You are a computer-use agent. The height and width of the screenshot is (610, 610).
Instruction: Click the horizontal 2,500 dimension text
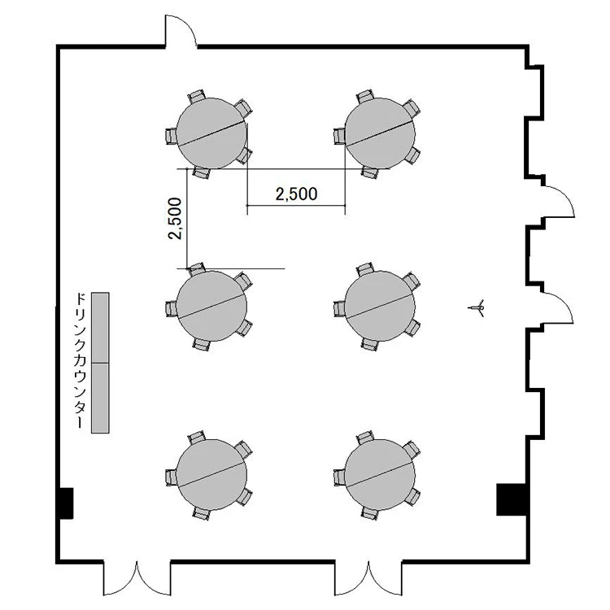point(296,194)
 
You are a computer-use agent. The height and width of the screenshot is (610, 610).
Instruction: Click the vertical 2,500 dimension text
point(175,218)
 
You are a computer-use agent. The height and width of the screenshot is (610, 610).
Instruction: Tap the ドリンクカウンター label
point(80,360)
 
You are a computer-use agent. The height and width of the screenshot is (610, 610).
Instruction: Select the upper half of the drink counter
point(100,328)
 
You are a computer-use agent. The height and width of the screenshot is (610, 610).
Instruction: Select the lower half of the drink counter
point(100,398)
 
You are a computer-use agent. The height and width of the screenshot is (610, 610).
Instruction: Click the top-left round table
point(211,133)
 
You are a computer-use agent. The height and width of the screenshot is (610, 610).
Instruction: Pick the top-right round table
point(380,133)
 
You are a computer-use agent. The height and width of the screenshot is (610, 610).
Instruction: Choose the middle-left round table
point(211,306)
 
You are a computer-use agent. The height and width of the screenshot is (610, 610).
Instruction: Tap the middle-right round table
point(380,306)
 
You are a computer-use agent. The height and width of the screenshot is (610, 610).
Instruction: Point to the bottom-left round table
point(211,474)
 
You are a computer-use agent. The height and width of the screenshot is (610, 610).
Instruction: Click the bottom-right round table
point(380,474)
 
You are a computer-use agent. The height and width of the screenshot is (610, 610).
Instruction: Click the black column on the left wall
point(66,503)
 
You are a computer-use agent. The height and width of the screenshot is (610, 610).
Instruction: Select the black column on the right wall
point(512,499)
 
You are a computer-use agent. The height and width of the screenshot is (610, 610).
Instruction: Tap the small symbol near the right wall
point(477,308)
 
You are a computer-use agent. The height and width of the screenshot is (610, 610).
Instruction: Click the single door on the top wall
point(181,31)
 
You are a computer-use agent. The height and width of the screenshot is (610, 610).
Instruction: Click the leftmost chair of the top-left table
point(171,136)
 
